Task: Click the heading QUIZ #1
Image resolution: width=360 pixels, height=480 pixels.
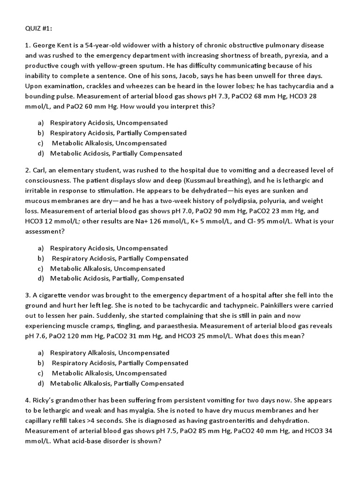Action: [x=38, y=28]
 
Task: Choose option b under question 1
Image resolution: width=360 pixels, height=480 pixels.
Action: [x=118, y=133]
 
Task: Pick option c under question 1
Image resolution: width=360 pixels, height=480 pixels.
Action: [x=109, y=143]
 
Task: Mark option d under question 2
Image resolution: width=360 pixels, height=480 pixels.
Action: [x=117, y=278]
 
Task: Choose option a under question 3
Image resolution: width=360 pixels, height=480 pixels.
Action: [x=109, y=352]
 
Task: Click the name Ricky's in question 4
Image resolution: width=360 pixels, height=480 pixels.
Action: [x=44, y=400]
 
